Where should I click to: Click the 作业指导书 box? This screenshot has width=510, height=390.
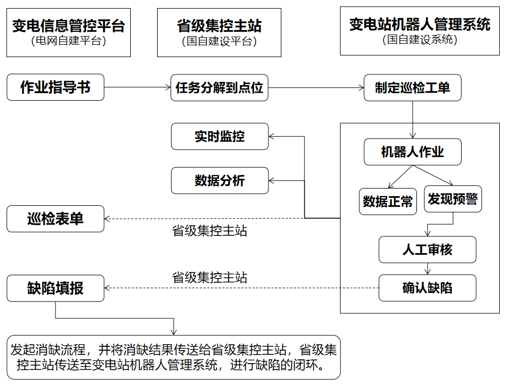click(55, 87)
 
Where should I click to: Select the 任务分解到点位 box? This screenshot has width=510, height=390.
click(219, 87)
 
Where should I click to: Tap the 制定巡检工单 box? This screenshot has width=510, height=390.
click(413, 87)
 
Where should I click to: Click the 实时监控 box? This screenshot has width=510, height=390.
click(219, 136)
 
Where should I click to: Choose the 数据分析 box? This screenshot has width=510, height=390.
click(219, 180)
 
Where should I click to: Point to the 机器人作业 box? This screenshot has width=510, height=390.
click(413, 152)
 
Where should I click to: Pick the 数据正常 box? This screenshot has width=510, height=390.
click(388, 201)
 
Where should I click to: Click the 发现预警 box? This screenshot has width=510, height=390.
click(452, 199)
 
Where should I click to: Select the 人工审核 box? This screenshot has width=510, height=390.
click(427, 249)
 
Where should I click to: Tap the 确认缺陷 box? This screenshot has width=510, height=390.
click(427, 288)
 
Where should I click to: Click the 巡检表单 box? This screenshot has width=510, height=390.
click(55, 219)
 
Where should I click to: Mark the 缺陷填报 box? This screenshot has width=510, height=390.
click(55, 288)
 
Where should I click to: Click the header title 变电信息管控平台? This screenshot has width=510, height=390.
click(68, 25)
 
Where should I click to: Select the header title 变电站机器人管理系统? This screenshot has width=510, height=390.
click(420, 24)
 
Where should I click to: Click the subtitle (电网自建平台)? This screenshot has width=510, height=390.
click(68, 40)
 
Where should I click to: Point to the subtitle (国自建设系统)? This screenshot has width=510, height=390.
click(420, 39)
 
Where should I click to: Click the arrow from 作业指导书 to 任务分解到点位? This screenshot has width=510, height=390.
click(137, 87)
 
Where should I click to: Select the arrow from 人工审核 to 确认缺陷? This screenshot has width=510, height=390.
click(427, 268)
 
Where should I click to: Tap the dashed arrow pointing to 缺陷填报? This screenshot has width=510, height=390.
click(242, 288)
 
